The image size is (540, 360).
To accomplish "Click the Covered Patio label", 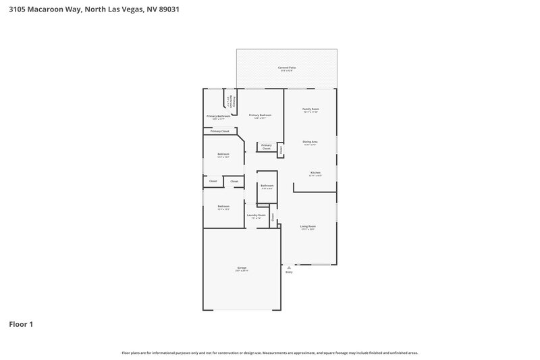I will (x=286, y=68).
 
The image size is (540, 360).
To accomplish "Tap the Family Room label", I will (x=310, y=109).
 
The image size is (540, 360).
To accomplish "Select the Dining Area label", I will (x=310, y=142).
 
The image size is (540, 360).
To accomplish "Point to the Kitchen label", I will (x=315, y=173).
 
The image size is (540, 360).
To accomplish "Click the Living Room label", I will (x=308, y=226).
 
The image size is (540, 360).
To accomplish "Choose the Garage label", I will (x=242, y=268).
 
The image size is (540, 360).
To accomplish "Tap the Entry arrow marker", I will (x=289, y=267).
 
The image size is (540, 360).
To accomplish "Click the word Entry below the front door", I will (x=289, y=272).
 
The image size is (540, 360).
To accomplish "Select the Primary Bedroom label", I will (x=260, y=115).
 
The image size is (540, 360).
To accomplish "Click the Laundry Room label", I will (x=256, y=215).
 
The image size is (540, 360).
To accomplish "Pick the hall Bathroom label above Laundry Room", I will (x=267, y=185).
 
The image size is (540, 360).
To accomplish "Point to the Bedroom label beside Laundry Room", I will (x=223, y=206).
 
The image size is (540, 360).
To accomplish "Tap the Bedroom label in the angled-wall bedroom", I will (x=223, y=154).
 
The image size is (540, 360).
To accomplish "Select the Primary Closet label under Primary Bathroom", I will (x=219, y=131).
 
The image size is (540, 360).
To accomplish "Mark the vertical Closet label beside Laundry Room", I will (x=273, y=217).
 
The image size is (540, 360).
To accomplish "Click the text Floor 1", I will (x=21, y=325).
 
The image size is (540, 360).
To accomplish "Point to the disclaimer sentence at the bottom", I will (x=270, y=353).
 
